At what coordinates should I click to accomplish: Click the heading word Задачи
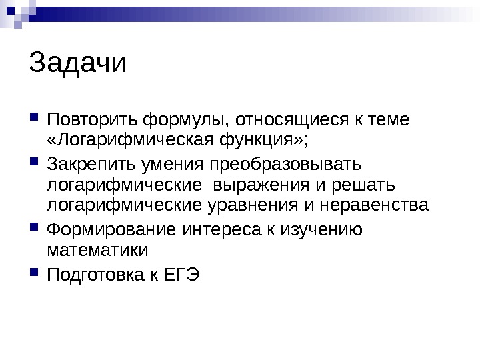78,65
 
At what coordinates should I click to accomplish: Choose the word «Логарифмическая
131,141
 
